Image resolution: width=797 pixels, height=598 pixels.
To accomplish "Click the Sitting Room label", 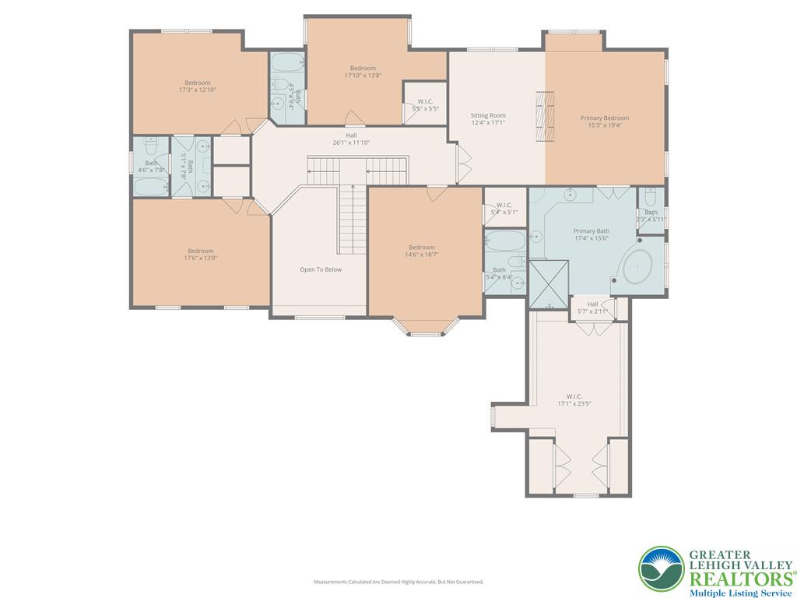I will click(x=488, y=119).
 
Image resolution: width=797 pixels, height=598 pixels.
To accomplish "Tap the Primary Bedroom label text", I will click(x=605, y=121).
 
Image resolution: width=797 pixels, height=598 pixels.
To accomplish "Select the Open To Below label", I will click(x=321, y=269).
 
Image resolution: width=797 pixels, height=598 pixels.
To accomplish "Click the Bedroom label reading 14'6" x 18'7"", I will click(x=421, y=251).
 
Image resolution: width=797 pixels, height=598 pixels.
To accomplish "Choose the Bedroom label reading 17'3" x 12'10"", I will click(x=197, y=86).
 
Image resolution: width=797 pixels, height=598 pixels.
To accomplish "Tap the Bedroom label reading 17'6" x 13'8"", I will click(x=200, y=255).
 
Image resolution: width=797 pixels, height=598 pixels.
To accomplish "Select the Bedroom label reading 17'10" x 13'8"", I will click(x=363, y=72).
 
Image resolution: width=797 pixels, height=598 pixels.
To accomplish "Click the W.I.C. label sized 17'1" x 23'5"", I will click(x=574, y=399).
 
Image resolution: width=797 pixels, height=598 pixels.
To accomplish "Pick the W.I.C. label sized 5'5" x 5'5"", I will click(x=425, y=105).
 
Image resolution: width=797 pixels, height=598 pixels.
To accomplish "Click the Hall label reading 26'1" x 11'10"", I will click(x=351, y=139).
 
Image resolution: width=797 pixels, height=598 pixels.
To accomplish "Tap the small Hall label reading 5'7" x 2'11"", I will click(x=592, y=308).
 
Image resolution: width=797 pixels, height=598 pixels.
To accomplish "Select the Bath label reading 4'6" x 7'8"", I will click(x=151, y=167).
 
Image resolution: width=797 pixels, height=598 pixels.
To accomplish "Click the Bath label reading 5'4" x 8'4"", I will click(x=499, y=273).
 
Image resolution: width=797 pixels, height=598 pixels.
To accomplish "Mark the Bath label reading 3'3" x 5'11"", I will click(x=651, y=216).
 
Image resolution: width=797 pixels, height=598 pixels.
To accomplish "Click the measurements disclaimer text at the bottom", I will click(x=398, y=582).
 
